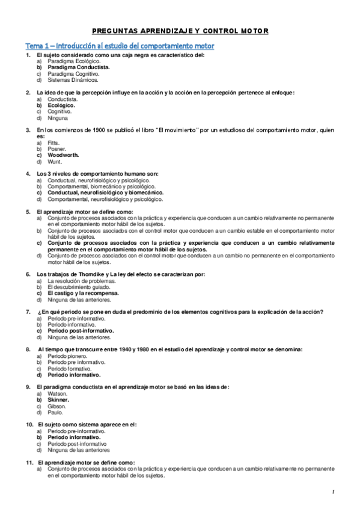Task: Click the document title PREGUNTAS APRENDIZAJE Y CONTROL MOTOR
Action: tap(181, 31)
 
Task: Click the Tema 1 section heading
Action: tap(119, 46)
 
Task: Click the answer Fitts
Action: tap(53, 143)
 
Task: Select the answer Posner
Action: tap(57, 149)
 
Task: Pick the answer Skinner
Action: tap(58, 399)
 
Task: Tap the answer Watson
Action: tap(57, 393)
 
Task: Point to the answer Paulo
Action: tap(55, 412)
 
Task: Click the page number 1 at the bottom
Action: tap(332, 493)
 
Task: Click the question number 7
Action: tap(28, 312)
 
